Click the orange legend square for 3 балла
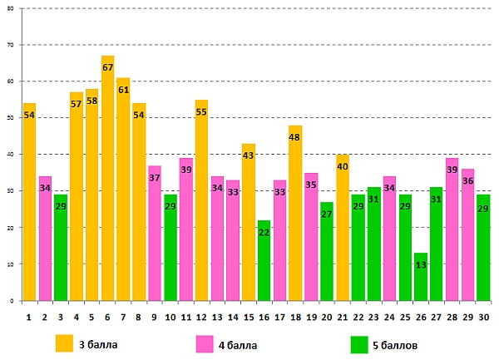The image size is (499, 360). [x=64, y=343]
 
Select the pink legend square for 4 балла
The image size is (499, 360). [x=205, y=343]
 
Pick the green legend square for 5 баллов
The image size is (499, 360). [x=359, y=343]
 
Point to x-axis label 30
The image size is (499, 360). [x=483, y=317]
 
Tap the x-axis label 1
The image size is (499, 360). [x=29, y=317]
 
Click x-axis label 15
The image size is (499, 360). [x=248, y=317]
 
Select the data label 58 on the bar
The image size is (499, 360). [x=91, y=101]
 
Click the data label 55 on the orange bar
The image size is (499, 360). [x=201, y=112]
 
